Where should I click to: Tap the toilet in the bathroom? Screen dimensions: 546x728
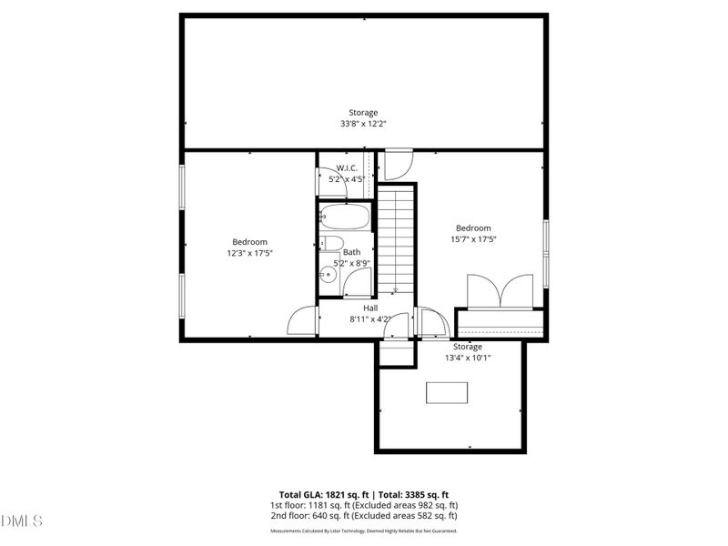coord(331,243)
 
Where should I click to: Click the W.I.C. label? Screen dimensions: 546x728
coord(347,167)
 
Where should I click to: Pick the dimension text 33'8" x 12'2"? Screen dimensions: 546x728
coord(363,124)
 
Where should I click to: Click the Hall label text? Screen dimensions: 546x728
coord(370,308)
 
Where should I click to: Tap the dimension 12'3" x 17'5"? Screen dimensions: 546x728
coord(249,253)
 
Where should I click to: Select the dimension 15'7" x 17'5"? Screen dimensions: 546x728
coord(473,239)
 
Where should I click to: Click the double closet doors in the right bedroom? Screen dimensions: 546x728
coord(500,293)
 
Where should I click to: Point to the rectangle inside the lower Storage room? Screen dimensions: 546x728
coord(448,392)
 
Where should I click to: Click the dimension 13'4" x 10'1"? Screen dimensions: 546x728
coord(468,358)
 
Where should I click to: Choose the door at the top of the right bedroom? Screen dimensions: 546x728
coord(395,165)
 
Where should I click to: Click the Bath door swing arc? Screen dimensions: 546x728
coord(357,285)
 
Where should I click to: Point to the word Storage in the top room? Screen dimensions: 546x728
coord(363,113)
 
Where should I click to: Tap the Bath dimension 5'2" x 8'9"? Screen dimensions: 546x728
coord(351,263)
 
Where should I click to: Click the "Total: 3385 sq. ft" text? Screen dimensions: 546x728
coord(416,494)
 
